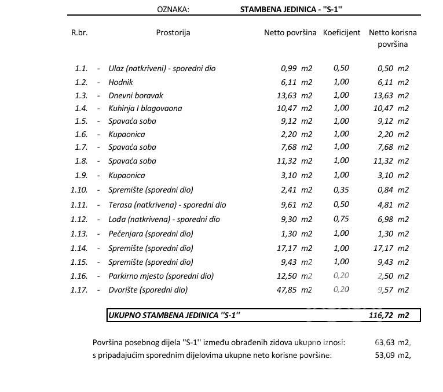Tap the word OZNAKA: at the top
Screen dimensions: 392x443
click(173, 10)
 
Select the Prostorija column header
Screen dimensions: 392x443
click(173, 33)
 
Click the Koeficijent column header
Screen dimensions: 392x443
click(342, 33)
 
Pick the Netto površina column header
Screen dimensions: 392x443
click(290, 33)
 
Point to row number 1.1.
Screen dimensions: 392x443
click(81, 68)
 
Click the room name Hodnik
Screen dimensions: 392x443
click(120, 82)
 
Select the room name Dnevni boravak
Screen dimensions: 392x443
click(136, 95)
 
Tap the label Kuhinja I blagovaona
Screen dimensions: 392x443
click(145, 108)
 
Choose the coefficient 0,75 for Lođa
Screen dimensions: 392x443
click(341, 219)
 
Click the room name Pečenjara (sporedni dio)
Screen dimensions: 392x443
click(151, 234)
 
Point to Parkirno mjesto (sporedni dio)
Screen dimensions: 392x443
click(161, 275)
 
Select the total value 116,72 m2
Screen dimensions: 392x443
click(388, 316)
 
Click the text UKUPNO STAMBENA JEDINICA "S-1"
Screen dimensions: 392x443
click(174, 316)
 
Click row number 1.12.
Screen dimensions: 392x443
click(79, 219)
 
